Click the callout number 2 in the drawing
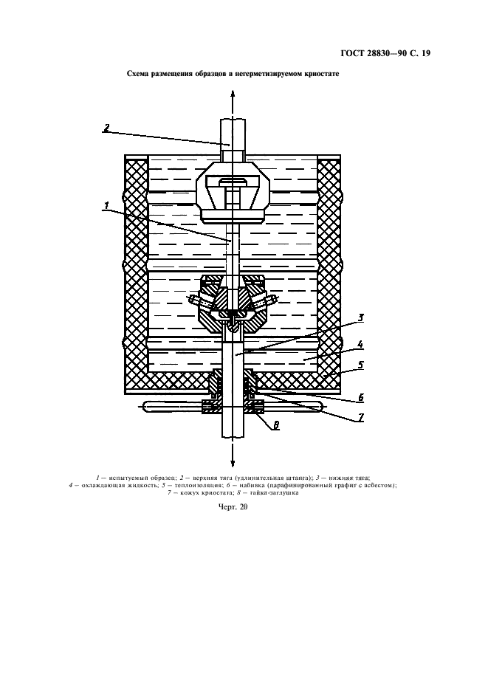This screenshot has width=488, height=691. (106, 128)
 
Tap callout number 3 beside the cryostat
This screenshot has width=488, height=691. (360, 317)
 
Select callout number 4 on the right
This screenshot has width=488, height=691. (360, 344)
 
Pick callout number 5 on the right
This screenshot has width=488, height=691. (360, 365)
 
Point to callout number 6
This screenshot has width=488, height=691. (360, 398)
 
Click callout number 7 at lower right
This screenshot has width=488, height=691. (360, 417)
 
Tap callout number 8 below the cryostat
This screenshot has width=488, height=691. (276, 425)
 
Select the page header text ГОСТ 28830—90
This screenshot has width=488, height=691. (373, 54)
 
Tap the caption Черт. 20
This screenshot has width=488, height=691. (233, 506)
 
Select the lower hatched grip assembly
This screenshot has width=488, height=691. (233, 305)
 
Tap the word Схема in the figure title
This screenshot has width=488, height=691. (137, 74)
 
